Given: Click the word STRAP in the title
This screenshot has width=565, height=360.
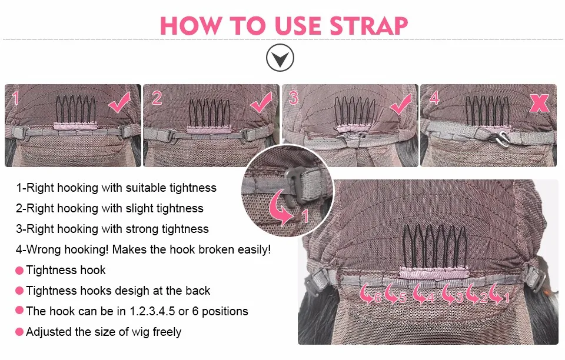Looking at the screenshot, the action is [368, 25].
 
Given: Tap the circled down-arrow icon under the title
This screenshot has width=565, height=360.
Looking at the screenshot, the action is [280, 58].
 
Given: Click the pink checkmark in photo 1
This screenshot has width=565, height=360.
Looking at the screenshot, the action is [119, 102].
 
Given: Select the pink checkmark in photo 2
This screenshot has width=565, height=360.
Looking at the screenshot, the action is [261, 102].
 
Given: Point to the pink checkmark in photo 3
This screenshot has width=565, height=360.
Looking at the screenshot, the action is [400, 104].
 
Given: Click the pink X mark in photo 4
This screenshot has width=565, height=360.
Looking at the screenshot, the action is [539, 103].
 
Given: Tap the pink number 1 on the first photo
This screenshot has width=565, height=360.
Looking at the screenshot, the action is [15, 98].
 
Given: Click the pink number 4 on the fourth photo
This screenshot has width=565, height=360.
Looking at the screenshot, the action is [434, 98].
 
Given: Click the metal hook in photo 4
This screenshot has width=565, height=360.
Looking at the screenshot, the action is [499, 138].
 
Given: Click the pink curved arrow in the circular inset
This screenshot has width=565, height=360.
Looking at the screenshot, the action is [281, 208].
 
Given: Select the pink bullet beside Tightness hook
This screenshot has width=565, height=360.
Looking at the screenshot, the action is [19, 271].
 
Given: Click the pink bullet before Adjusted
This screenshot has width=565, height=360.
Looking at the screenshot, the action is [19, 332].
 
